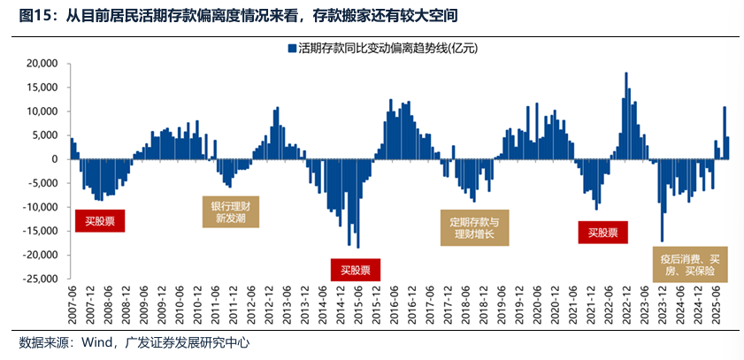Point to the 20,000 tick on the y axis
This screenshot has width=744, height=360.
[x=42, y=64]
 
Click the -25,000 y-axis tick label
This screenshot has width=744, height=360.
[x=40, y=279]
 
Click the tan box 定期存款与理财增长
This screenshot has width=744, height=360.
[x=475, y=229]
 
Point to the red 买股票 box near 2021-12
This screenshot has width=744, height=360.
[x=603, y=233]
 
